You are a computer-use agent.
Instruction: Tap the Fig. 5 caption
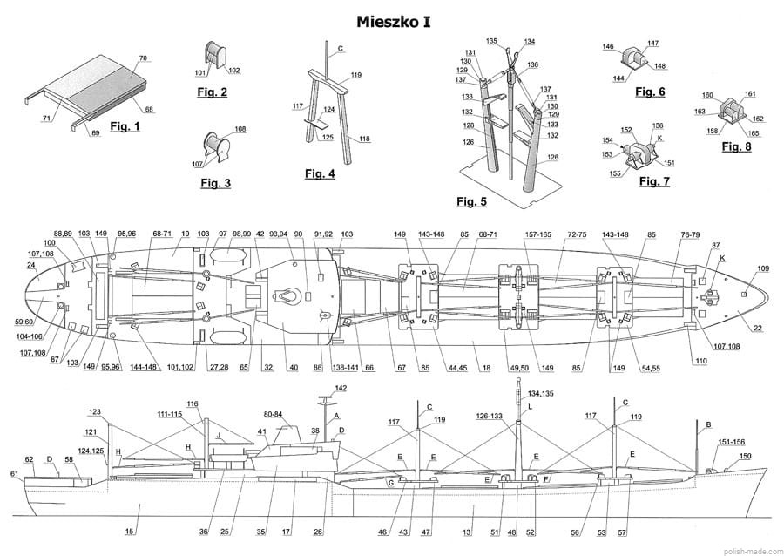[471, 202]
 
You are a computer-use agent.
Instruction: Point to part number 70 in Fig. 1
[143, 58]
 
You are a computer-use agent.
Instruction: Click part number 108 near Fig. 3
[240, 129]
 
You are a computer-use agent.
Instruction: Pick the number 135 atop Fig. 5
[492, 41]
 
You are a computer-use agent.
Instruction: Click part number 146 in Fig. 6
[608, 47]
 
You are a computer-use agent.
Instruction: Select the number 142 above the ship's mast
[341, 388]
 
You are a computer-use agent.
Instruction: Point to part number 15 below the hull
[130, 532]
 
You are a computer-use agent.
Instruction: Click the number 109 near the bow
[763, 268]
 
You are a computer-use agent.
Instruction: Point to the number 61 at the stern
[14, 473]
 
